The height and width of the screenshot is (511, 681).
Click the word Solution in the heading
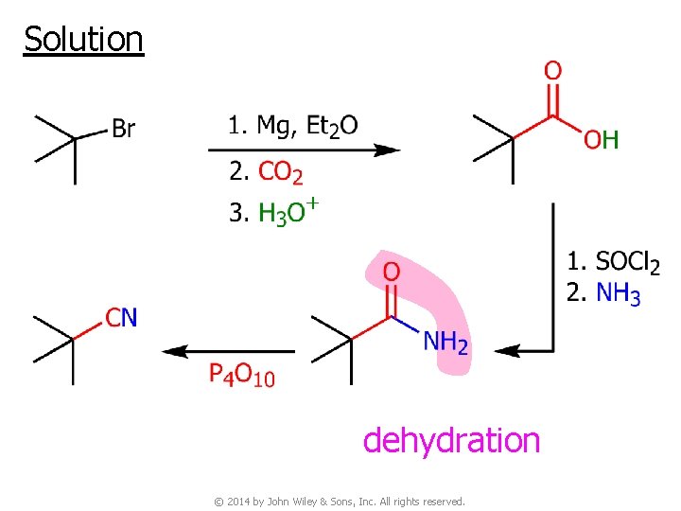click(83, 40)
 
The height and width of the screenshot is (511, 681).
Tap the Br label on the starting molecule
click(123, 130)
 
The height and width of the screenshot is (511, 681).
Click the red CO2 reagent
click(280, 172)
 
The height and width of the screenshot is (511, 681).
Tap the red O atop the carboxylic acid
click(553, 70)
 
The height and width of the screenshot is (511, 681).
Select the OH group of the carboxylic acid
click(601, 141)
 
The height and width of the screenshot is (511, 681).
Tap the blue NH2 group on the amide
click(445, 342)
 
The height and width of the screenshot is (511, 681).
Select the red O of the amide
click(391, 273)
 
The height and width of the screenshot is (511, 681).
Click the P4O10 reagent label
click(241, 375)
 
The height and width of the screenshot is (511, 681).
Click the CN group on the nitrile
click(121, 317)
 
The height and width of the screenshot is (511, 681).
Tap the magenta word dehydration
click(451, 440)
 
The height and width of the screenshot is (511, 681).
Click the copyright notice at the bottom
click(340, 501)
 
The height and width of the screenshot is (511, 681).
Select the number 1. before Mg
click(237, 126)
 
